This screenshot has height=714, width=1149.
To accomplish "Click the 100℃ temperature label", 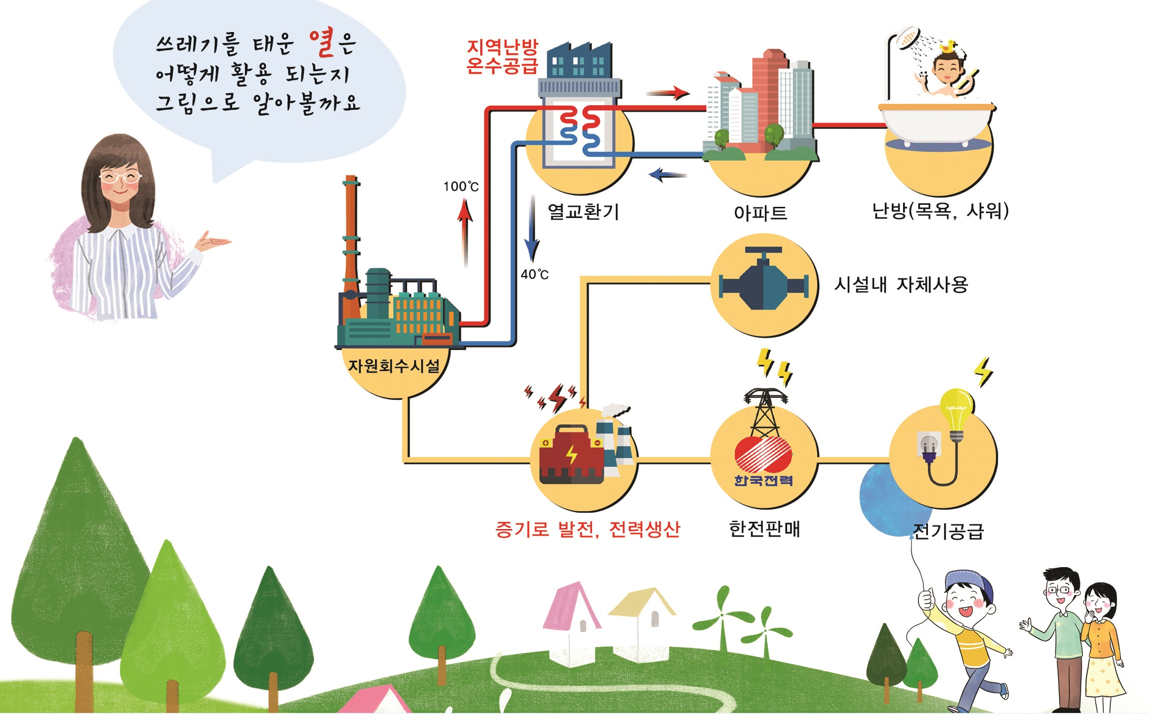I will pos(460,187).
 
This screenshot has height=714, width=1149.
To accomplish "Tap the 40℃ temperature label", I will pos(535,274).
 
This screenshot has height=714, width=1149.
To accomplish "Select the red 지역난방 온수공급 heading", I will pos(502,56).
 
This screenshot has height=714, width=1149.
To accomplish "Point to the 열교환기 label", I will pos(583,211).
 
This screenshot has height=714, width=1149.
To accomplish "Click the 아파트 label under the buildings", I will pos(760,212).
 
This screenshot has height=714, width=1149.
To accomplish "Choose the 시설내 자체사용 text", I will pos(901,285).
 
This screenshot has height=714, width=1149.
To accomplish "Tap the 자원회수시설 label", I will pos(393,365).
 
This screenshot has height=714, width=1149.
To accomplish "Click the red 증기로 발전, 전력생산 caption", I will pos(587,530).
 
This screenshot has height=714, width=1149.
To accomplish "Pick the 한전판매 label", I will pos(764,529).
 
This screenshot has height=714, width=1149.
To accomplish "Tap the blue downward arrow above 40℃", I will pos(532,229).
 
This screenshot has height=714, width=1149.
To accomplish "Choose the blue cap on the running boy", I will pos(970,582).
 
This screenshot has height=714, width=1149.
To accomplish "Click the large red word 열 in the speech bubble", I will pos(323,43).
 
